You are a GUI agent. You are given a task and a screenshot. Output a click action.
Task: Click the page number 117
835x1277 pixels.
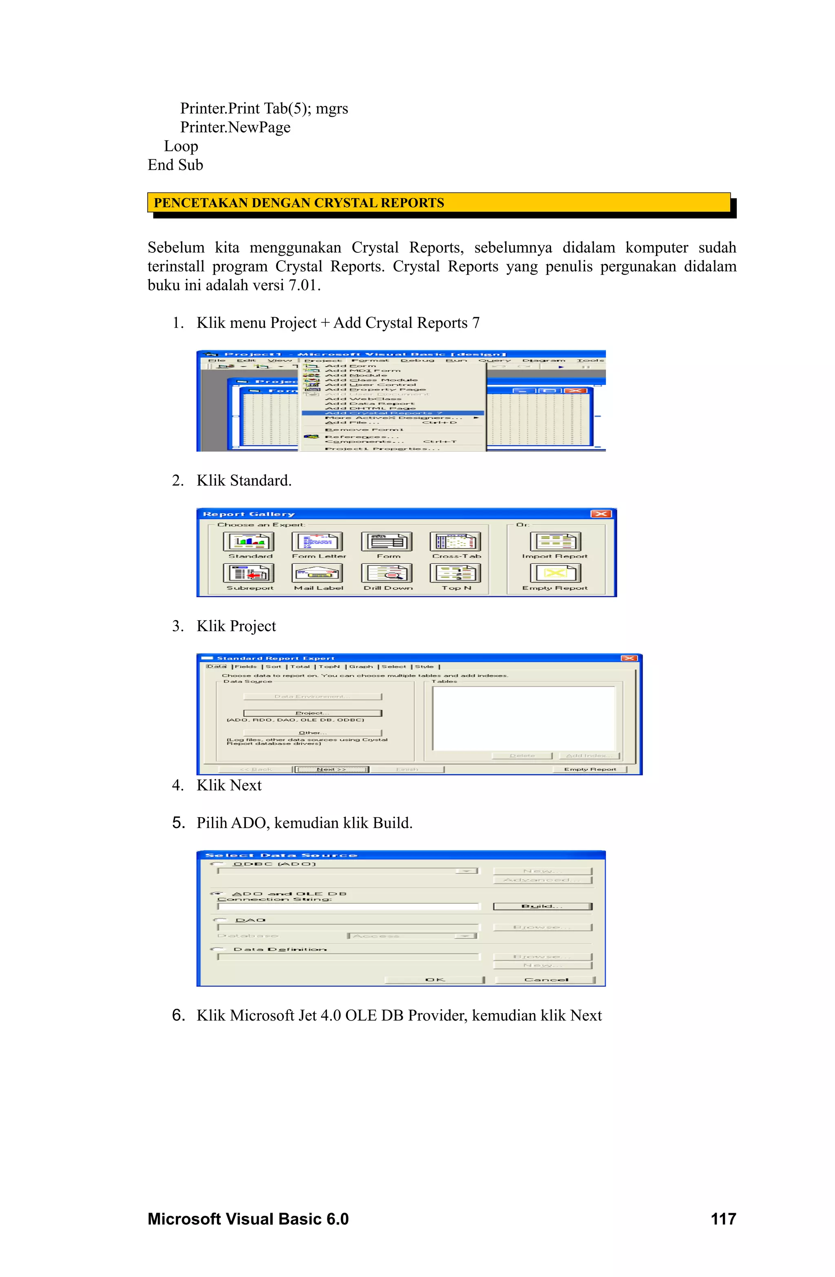[723, 1219]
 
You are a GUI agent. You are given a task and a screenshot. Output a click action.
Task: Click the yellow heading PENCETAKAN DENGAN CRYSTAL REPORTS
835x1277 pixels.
[298, 203]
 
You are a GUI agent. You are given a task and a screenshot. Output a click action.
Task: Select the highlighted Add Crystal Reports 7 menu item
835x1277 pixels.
[383, 413]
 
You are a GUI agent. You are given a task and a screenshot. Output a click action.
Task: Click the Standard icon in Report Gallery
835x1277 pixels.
[248, 542]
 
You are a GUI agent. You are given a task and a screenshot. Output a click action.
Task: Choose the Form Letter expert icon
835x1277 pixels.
[317, 542]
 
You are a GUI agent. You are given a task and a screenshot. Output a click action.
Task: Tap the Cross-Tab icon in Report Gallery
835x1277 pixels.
[455, 542]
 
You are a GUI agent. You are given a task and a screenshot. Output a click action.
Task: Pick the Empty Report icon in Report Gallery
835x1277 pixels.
[555, 573]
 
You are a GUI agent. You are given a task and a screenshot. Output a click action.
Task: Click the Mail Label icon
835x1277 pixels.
[317, 573]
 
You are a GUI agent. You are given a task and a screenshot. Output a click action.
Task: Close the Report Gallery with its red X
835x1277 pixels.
[601, 514]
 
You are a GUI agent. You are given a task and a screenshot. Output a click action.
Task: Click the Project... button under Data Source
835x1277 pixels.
[312, 713]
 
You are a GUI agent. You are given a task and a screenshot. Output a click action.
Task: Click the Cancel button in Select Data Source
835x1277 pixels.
[545, 980]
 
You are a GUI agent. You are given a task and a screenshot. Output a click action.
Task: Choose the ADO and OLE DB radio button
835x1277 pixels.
[218, 893]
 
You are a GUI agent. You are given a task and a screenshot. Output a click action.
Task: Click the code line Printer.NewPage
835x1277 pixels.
[235, 127]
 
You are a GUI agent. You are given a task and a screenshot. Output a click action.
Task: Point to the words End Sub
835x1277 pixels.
[175, 165]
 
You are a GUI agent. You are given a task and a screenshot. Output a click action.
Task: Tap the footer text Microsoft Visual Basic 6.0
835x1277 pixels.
[248, 1219]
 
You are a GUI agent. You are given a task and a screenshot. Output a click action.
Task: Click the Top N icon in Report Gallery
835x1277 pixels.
[455, 573]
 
